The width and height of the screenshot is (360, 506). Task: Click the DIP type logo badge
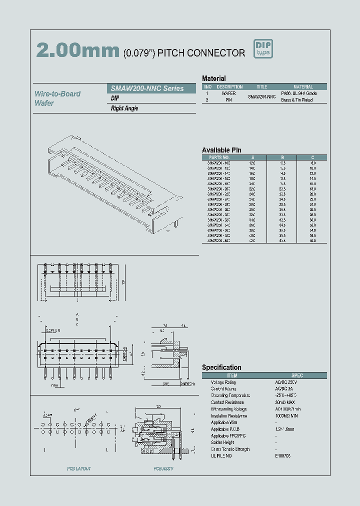pyautogui.click(x=263, y=49)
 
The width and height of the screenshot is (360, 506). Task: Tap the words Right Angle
pyautogui.click(x=124, y=108)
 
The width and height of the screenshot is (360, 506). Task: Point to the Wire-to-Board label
pyautogui.click(x=57, y=93)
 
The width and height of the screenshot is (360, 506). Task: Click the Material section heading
pyautogui.click(x=213, y=78)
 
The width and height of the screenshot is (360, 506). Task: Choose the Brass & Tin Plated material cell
pyautogui.click(x=296, y=100)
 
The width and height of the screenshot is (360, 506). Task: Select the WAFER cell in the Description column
pyautogui.click(x=228, y=93)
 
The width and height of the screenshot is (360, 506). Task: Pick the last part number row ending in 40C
pyautogui.click(x=218, y=240)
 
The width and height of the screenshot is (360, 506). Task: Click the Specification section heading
pyautogui.click(x=221, y=367)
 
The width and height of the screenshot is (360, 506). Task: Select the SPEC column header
pyautogui.click(x=297, y=375)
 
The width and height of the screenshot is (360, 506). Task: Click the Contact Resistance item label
pyautogui.click(x=227, y=402)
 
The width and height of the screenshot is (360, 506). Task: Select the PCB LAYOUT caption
pyautogui.click(x=79, y=468)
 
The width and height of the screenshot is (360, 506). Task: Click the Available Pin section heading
pyautogui.click(x=221, y=150)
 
